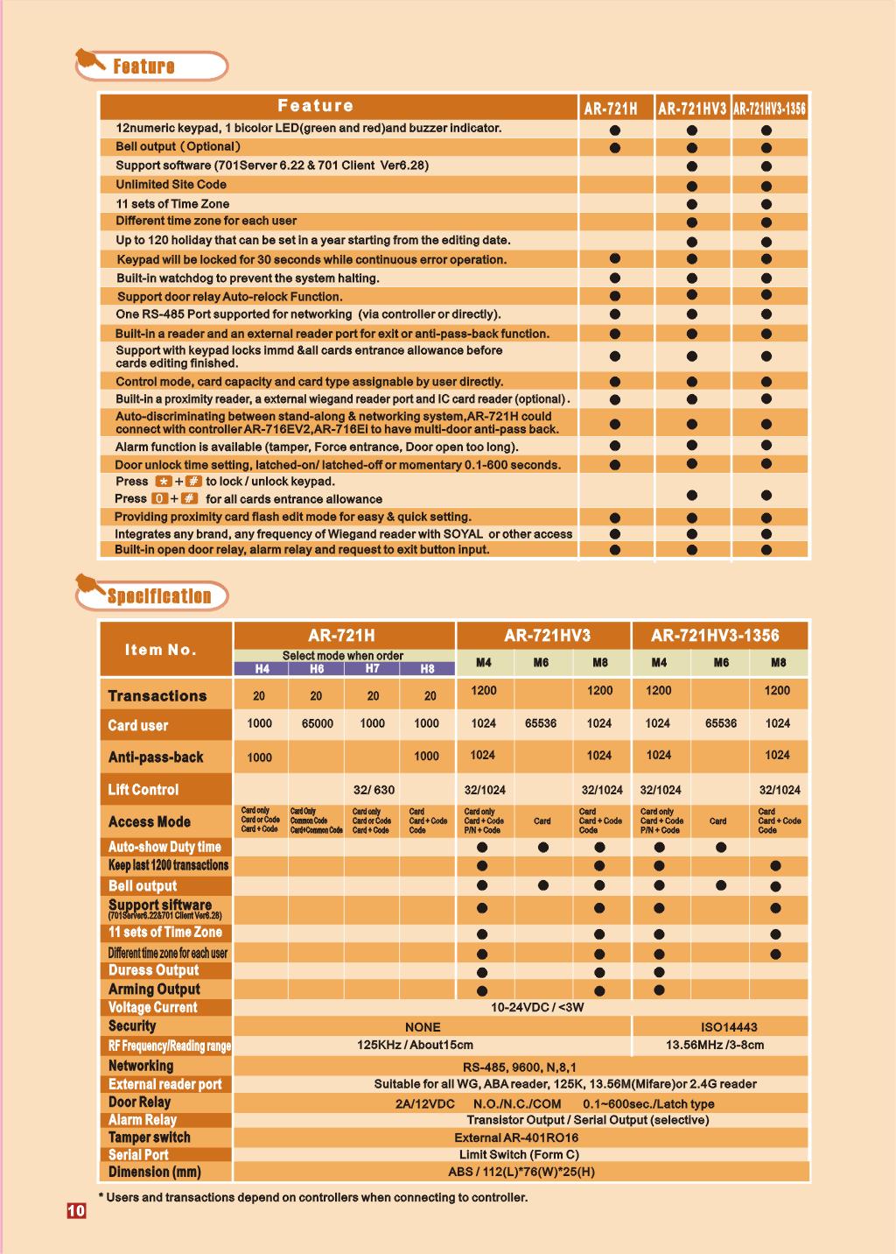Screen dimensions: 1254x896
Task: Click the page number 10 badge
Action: point(76,1211)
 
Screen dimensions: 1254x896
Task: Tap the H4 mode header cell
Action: point(262,669)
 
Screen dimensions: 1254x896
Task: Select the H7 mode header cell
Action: point(372,669)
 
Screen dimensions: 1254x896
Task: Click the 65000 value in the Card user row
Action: point(317,724)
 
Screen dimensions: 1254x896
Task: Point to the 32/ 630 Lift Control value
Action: point(374,790)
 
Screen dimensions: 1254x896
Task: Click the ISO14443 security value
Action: point(729,1027)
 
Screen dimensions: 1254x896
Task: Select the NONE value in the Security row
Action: point(423,1027)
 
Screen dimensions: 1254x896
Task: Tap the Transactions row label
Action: point(157,696)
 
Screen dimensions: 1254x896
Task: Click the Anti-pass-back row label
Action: point(156,757)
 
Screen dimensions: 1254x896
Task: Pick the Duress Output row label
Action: point(153,970)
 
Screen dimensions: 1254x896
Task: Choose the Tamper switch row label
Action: point(149,1138)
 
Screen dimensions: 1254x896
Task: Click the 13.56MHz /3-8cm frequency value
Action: point(715,1045)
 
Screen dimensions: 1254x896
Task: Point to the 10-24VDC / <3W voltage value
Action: point(537,1008)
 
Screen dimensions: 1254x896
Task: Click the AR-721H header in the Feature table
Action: point(611,109)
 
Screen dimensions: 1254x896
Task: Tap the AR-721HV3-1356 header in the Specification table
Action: point(715,637)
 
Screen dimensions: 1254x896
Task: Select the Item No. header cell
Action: point(161,650)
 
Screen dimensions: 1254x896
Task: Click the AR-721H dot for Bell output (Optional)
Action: point(615,148)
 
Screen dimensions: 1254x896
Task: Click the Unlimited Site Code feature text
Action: point(171,185)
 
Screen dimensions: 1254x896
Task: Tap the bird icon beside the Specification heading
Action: point(87,586)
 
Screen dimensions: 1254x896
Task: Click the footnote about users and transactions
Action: point(312,1198)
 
